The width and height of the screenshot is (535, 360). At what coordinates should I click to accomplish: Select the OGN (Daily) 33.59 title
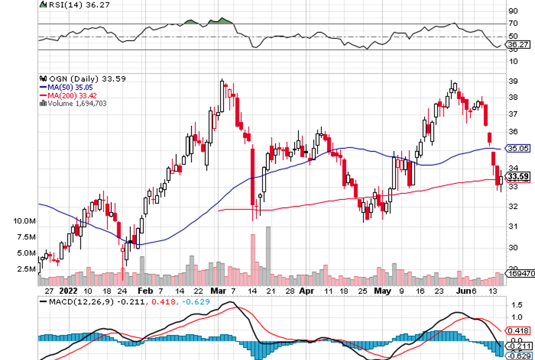pyautogui.click(x=71, y=79)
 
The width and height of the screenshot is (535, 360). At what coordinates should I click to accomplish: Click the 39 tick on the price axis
pyautogui.click(x=514, y=81)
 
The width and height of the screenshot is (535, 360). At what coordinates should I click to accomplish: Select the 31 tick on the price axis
pyautogui.click(x=514, y=226)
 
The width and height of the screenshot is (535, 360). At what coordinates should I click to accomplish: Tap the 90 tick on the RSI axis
pyautogui.click(x=513, y=11)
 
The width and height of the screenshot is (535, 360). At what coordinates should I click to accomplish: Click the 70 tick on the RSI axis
pyautogui.click(x=513, y=23)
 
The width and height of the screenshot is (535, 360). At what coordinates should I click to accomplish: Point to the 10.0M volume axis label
pyautogui.click(x=26, y=221)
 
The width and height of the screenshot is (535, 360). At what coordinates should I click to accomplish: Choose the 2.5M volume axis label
pyautogui.click(x=27, y=269)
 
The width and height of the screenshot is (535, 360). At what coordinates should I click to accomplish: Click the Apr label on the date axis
pyautogui.click(x=307, y=290)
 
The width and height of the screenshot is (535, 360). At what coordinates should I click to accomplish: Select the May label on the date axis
pyautogui.click(x=382, y=290)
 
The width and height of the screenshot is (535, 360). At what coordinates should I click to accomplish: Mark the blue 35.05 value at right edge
pyautogui.click(x=520, y=148)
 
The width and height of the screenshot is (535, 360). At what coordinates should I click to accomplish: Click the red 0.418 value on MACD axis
pyautogui.click(x=518, y=330)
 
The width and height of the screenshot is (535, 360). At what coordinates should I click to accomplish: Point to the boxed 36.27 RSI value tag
pyautogui.click(x=521, y=44)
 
